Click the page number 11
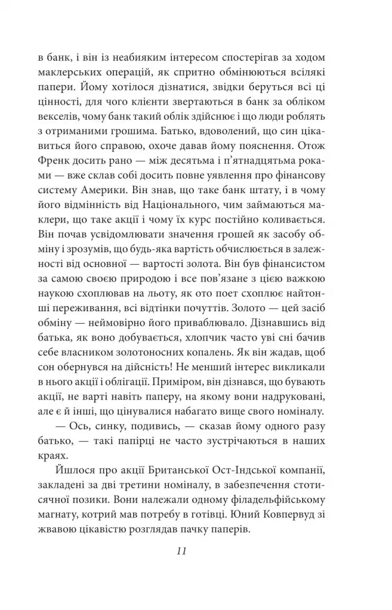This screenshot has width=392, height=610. (x=182, y=551)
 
